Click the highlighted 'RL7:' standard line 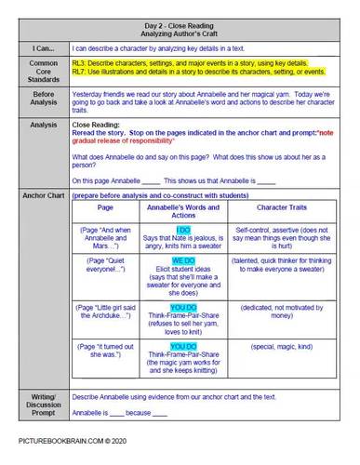(x=195, y=75)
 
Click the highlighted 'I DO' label (x=181, y=228)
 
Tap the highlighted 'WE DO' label (x=181, y=262)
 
